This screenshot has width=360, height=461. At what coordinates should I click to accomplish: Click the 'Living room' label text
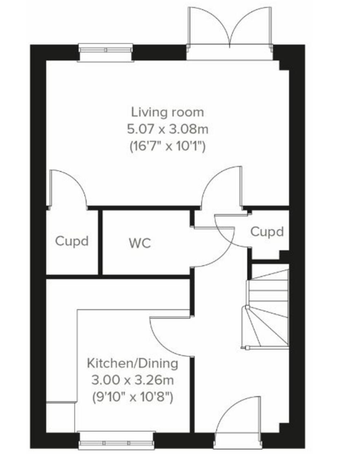[168, 112]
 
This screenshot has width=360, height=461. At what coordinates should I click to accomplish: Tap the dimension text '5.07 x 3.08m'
[168, 129]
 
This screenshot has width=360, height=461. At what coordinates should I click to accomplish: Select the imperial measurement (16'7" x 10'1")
[168, 146]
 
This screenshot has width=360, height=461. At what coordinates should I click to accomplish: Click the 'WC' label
[140, 243]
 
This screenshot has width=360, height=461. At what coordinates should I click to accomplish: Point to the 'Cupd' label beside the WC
[72, 241]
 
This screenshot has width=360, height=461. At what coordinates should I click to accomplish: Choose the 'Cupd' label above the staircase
[267, 232]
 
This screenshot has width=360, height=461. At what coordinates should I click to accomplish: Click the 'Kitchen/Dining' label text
[133, 364]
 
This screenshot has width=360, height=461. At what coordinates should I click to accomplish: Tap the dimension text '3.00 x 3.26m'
[133, 380]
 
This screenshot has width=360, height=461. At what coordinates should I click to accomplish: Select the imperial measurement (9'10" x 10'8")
[133, 397]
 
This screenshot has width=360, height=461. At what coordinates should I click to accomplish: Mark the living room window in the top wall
[106, 53]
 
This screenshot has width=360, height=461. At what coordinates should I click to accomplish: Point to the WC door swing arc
[223, 256]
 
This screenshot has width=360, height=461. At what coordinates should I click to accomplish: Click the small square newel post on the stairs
[247, 307]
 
